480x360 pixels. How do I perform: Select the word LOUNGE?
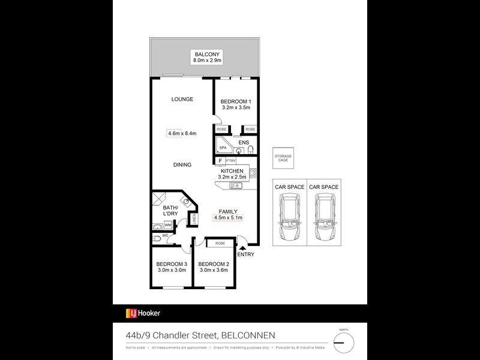coord(182,99)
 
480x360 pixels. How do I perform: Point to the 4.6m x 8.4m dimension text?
coord(182,133)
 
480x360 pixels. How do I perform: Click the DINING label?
coord(182,165)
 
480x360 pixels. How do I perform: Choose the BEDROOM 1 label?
coord(235,101)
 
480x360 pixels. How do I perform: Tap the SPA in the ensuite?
coord(223,148)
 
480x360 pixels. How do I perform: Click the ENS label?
coord(243,142)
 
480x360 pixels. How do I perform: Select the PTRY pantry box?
coord(231,161)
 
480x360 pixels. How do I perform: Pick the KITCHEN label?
coord(232,171)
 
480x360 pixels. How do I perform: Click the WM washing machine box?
coord(168,224)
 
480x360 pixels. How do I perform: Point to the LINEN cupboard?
coord(194,219)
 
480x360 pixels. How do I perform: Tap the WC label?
coord(164,236)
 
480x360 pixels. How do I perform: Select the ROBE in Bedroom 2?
coord(220,244)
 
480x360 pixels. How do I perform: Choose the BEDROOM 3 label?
coord(172,265)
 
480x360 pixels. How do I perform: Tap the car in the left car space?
coord(289,219)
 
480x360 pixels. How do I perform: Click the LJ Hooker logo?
coord(143,313)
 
